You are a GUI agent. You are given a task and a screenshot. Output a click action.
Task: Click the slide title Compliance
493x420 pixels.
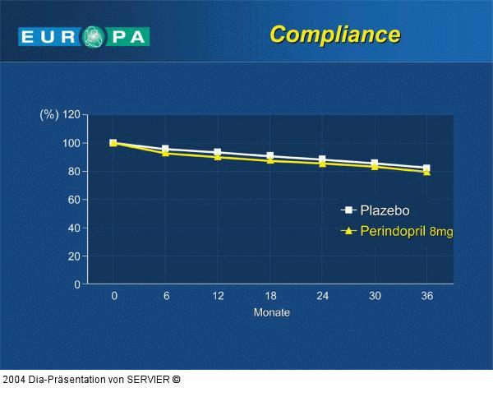tap(334, 35)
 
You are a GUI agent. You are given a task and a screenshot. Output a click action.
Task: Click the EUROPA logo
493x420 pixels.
tap(84, 36)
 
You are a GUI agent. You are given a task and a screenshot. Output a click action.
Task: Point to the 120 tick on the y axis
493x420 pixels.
tap(71, 115)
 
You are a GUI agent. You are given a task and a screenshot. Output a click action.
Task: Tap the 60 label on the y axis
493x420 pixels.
tap(73, 200)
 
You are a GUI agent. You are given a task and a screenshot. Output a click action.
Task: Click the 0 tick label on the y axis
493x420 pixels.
tap(76, 284)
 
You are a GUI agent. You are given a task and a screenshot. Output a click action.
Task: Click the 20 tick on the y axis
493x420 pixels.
tap(73, 256)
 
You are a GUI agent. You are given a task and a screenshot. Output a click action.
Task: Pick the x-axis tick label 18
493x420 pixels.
tap(270, 296)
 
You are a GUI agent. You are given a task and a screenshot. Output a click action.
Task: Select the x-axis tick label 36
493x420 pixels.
tap(426, 296)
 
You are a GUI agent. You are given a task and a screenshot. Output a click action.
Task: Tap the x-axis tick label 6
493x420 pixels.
tap(166, 296)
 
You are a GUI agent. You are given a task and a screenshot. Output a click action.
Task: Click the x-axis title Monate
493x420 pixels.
tap(271, 312)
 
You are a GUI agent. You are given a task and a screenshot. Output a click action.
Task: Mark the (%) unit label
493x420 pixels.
tap(48, 115)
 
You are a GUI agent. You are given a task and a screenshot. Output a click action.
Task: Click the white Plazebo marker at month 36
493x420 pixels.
tap(426, 168)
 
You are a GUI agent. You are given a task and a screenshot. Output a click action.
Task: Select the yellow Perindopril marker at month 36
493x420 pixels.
tap(426, 172)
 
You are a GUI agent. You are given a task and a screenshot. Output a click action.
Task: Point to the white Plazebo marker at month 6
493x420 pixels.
tap(166, 149)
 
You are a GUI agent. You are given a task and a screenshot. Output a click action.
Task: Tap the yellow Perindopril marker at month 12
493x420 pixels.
tap(218, 156)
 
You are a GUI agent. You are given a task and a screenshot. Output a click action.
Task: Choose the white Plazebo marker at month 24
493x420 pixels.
tap(322, 159)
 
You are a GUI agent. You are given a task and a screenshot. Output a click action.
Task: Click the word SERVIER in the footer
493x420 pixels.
tap(149, 379)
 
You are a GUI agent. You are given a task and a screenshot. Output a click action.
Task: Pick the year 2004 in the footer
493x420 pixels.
tap(14, 379)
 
